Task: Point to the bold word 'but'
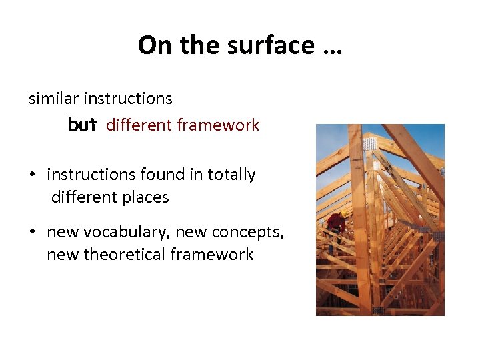click(x=83, y=125)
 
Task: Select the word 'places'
click(x=147, y=197)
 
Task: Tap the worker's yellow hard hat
click(x=342, y=215)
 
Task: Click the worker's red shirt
click(x=337, y=223)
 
